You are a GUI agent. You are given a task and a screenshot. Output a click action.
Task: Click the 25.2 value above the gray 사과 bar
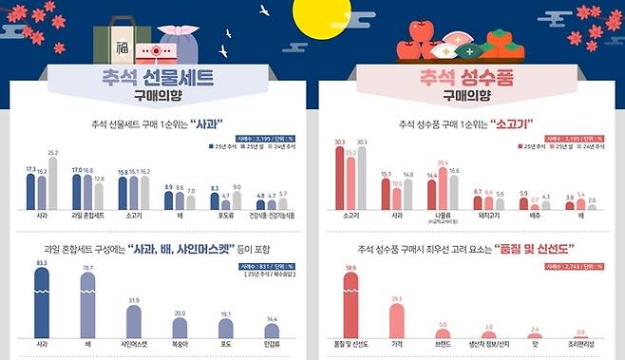53,152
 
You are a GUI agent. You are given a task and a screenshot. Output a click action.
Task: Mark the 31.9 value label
134,301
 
